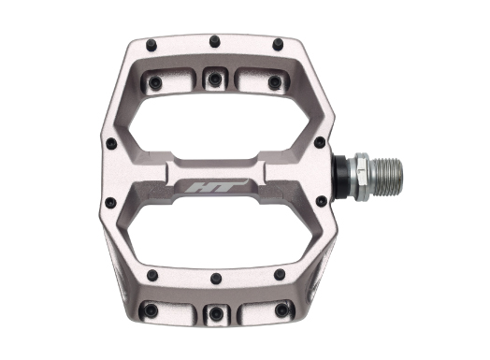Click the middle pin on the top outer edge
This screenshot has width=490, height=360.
coord(215,41)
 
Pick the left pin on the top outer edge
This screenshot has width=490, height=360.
coord(151,45)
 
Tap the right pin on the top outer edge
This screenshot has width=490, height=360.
coord(278,44)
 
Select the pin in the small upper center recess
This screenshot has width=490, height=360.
coord(214,79)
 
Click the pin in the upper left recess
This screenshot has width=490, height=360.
coord(155,82)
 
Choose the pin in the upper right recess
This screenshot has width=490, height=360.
coord(275,81)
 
